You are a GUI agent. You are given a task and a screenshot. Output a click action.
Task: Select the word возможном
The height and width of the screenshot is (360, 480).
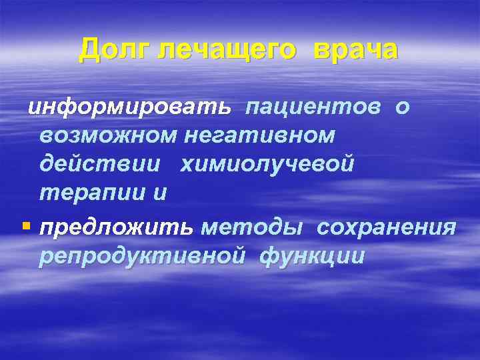[108, 135]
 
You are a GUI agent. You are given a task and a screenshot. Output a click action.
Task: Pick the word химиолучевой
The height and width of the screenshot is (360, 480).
[267, 164]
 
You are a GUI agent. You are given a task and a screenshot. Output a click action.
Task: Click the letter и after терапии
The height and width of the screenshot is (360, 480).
[159, 193]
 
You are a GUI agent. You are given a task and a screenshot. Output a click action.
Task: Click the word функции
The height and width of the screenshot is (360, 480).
[311, 257]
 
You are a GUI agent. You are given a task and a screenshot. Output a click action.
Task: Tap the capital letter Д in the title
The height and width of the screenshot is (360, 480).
[89, 49]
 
